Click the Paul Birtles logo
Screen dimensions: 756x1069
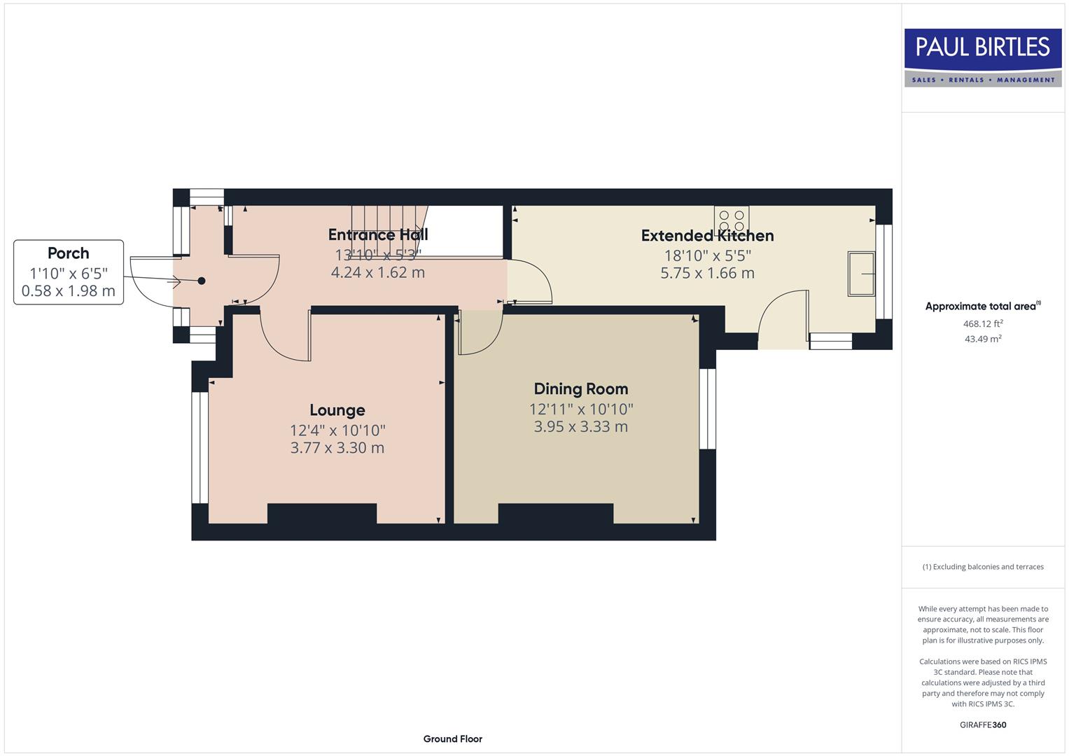tap(982, 57)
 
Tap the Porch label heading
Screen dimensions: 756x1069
tap(69, 253)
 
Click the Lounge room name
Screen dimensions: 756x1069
tap(337, 410)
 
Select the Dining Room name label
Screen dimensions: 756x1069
tap(580, 388)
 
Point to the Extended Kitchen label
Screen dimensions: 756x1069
tap(707, 236)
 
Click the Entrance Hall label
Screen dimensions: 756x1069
tap(378, 234)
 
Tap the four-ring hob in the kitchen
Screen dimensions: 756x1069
tap(732, 219)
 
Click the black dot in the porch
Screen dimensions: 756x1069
tap(202, 281)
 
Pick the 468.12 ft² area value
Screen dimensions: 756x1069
tap(982, 323)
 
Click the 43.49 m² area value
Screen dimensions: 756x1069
tap(982, 339)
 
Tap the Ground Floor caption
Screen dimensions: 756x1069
tap(452, 738)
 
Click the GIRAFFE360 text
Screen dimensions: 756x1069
tap(982, 724)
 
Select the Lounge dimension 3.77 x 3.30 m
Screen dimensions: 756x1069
tap(337, 448)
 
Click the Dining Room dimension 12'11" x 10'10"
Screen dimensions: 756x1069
tap(580, 409)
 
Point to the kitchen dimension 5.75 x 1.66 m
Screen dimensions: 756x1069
tap(707, 273)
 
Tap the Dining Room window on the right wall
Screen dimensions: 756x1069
tap(708, 408)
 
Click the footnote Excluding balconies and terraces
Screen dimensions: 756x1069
tap(982, 567)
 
